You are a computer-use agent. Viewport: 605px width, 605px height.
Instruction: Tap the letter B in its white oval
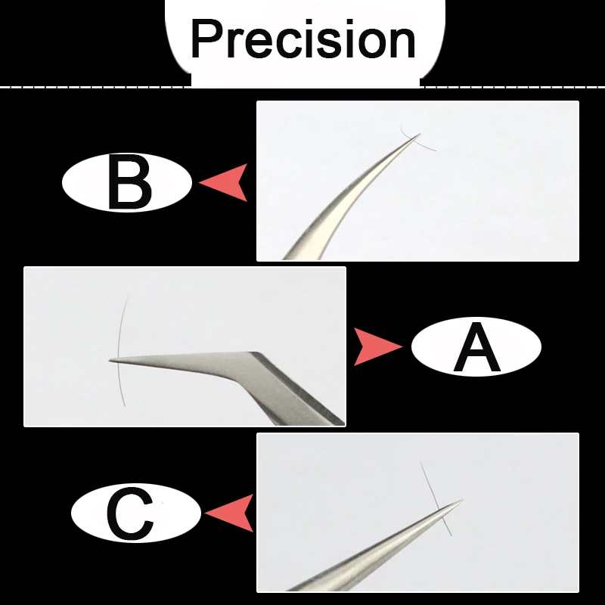click(x=130, y=183)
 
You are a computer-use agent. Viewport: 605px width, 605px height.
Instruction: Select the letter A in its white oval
click(x=476, y=347)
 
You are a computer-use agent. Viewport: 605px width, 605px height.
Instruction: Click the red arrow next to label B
click(x=225, y=183)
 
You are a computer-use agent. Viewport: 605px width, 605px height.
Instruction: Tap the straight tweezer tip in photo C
click(x=458, y=501)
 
